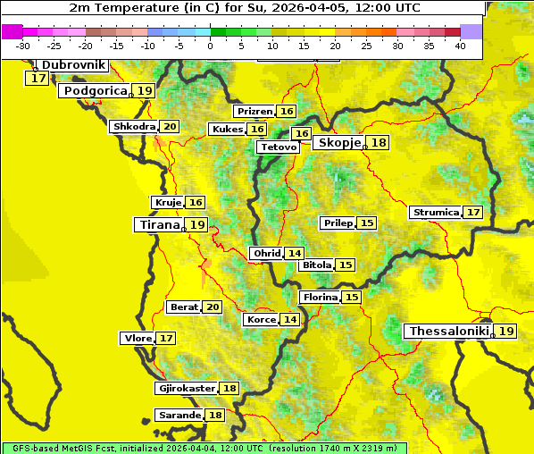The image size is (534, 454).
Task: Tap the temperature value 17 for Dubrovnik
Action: pyautogui.click(x=37, y=79)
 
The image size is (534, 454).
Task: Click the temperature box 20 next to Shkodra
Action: pyautogui.click(x=170, y=127)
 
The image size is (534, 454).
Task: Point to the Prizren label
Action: pyautogui.click(x=254, y=112)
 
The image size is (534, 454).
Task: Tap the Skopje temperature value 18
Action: pyautogui.click(x=379, y=143)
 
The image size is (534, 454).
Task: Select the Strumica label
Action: pyautogui.click(x=436, y=213)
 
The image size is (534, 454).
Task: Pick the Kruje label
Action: pyautogui.click(x=168, y=203)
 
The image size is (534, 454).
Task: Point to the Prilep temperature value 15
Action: pyautogui.click(x=367, y=223)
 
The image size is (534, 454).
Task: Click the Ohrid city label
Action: pyautogui.click(x=267, y=254)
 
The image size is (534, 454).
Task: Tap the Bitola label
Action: pyautogui.click(x=316, y=265)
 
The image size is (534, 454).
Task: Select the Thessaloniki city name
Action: pyautogui.click(x=448, y=332)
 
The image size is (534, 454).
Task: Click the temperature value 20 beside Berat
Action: pyautogui.click(x=212, y=307)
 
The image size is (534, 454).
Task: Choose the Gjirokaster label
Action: pyautogui.click(x=186, y=389)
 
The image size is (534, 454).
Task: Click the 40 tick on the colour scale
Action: pyautogui.click(x=460, y=45)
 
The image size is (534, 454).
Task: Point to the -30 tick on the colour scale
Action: pyautogui.click(x=23, y=45)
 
